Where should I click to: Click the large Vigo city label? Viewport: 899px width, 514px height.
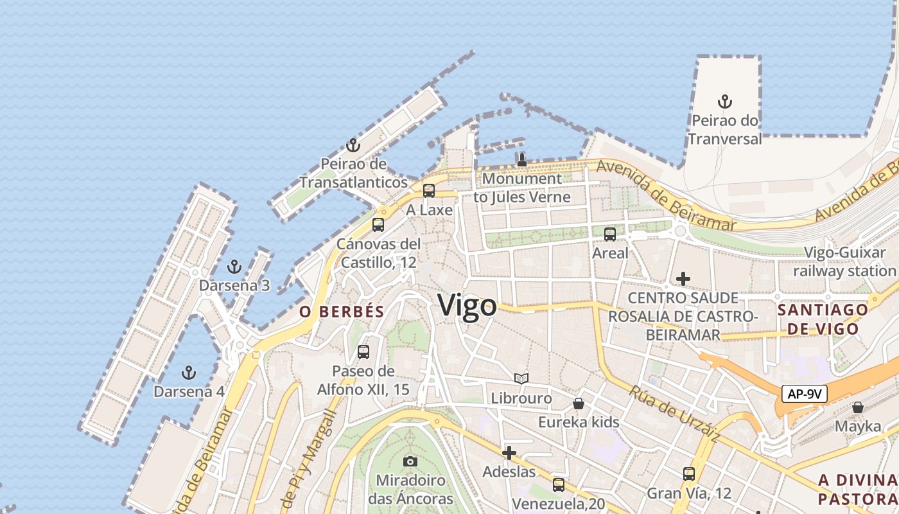pos(467,306)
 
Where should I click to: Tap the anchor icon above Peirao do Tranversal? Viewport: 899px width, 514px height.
pos(725,102)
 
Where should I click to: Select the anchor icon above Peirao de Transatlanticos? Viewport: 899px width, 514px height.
pos(353,145)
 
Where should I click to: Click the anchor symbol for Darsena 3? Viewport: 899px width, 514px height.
pos(234,267)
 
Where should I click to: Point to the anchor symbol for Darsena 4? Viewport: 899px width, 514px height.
pos(188,372)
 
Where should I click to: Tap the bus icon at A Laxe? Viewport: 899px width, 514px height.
pos(429,191)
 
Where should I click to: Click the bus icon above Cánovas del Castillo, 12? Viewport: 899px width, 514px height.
pos(378,225)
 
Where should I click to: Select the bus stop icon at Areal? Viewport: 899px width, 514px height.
pos(610,235)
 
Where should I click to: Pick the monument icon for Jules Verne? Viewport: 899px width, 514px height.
pos(522,160)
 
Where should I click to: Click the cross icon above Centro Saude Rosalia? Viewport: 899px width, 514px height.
pos(683,279)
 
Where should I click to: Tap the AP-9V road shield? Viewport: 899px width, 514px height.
pos(804,394)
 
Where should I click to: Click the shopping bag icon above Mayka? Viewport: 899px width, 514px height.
pos(858,407)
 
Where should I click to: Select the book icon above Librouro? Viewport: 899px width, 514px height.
pos(521,379)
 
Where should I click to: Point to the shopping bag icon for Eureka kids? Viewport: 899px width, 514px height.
pos(579,403)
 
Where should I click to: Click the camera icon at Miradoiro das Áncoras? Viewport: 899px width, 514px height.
pos(410,461)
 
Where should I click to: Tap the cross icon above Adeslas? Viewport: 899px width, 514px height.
pos(509,453)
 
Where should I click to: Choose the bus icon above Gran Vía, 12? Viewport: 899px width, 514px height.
pos(689,474)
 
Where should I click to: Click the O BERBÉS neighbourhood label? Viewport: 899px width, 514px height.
pos(342,312)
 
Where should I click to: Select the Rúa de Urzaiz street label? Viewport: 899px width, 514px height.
pos(674,414)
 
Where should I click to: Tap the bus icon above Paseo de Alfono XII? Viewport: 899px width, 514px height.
pos(363,352)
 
